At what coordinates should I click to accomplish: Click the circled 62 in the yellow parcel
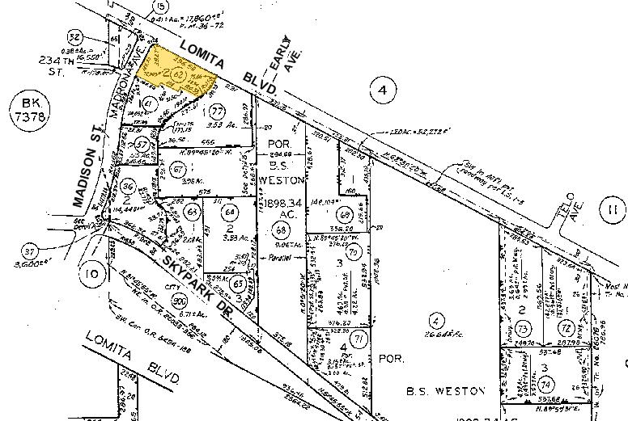click(179, 76)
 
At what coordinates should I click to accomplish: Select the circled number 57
click(142, 144)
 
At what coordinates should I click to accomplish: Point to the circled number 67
click(177, 169)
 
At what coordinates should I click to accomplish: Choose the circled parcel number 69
click(345, 215)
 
